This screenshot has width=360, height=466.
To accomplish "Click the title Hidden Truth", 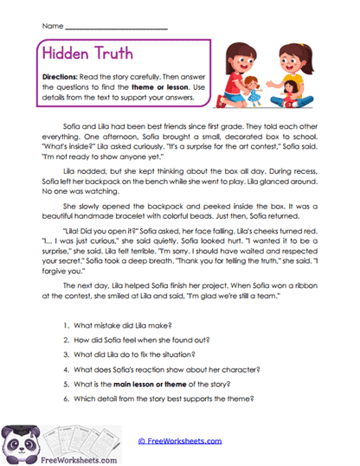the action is pyautogui.click(x=87, y=54).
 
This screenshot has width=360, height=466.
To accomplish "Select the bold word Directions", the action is pyautogui.click(x=61, y=76).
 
